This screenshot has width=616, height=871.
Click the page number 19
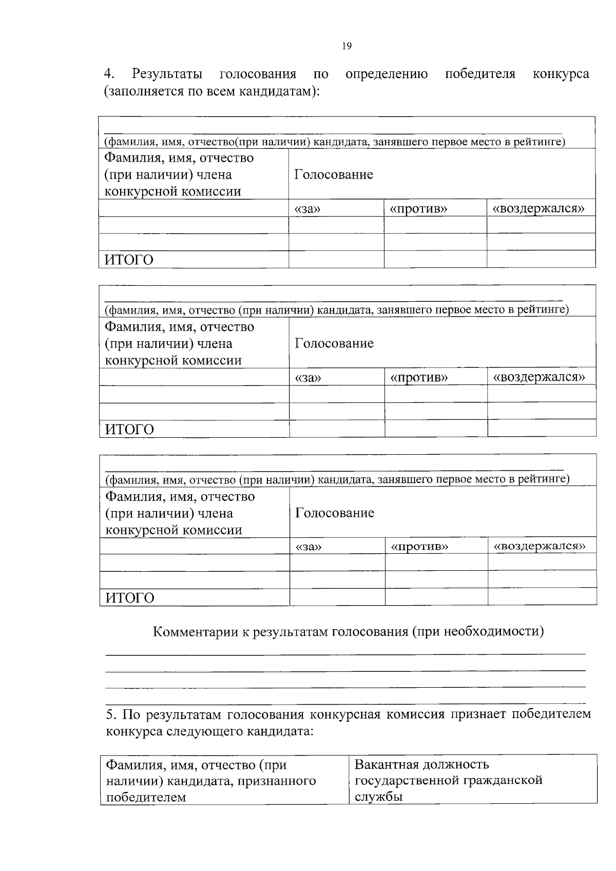pos(346,47)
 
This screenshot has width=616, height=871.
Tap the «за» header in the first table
pos(307,209)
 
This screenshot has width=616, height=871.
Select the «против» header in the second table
pos(419,378)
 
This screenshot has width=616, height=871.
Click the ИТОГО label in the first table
pos(129,260)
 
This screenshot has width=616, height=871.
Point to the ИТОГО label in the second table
pos(129,429)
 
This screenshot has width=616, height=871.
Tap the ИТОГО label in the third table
pos(129,598)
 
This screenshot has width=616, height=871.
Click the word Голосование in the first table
pos(334,175)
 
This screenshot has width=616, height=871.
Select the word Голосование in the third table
pos(335,513)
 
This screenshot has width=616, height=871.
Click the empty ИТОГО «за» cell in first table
pos(336,260)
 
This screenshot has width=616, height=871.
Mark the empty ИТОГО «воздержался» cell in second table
pos(542,428)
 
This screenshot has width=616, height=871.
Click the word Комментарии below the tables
pos(196,631)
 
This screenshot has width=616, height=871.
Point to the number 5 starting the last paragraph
pos(109,714)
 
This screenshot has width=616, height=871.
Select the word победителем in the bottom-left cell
pos(146,798)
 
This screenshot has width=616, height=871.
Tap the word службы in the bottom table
pos(379,797)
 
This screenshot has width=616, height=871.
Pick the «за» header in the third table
pos(309,547)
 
